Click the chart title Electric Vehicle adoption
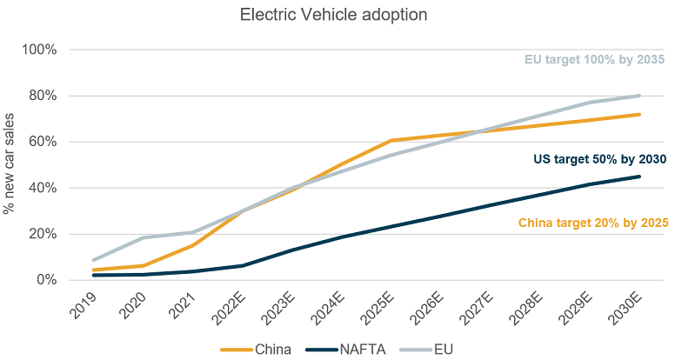337,15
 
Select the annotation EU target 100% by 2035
595,60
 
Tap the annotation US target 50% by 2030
598,159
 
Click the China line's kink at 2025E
391,141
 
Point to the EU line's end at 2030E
639,96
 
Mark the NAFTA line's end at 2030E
639,177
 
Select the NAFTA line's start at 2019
93,275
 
